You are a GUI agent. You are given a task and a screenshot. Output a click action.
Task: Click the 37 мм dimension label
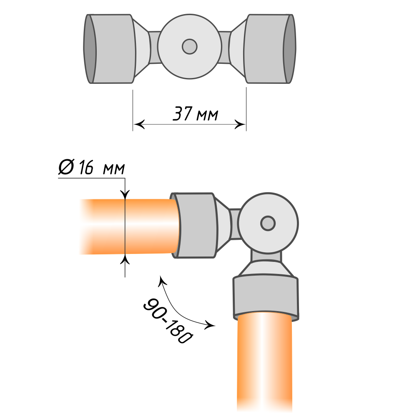click(196, 114)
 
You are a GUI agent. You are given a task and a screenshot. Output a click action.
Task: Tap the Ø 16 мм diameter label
click(91, 167)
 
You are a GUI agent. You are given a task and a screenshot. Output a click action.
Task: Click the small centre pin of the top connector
click(190, 47)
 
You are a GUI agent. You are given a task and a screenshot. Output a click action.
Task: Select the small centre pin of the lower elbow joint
click(268, 223)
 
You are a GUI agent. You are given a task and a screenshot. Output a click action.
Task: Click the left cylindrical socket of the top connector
click(110, 49)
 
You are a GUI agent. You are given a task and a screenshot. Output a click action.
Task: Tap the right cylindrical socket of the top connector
click(269, 49)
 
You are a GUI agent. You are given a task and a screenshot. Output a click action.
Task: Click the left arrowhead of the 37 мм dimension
click(139, 124)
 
